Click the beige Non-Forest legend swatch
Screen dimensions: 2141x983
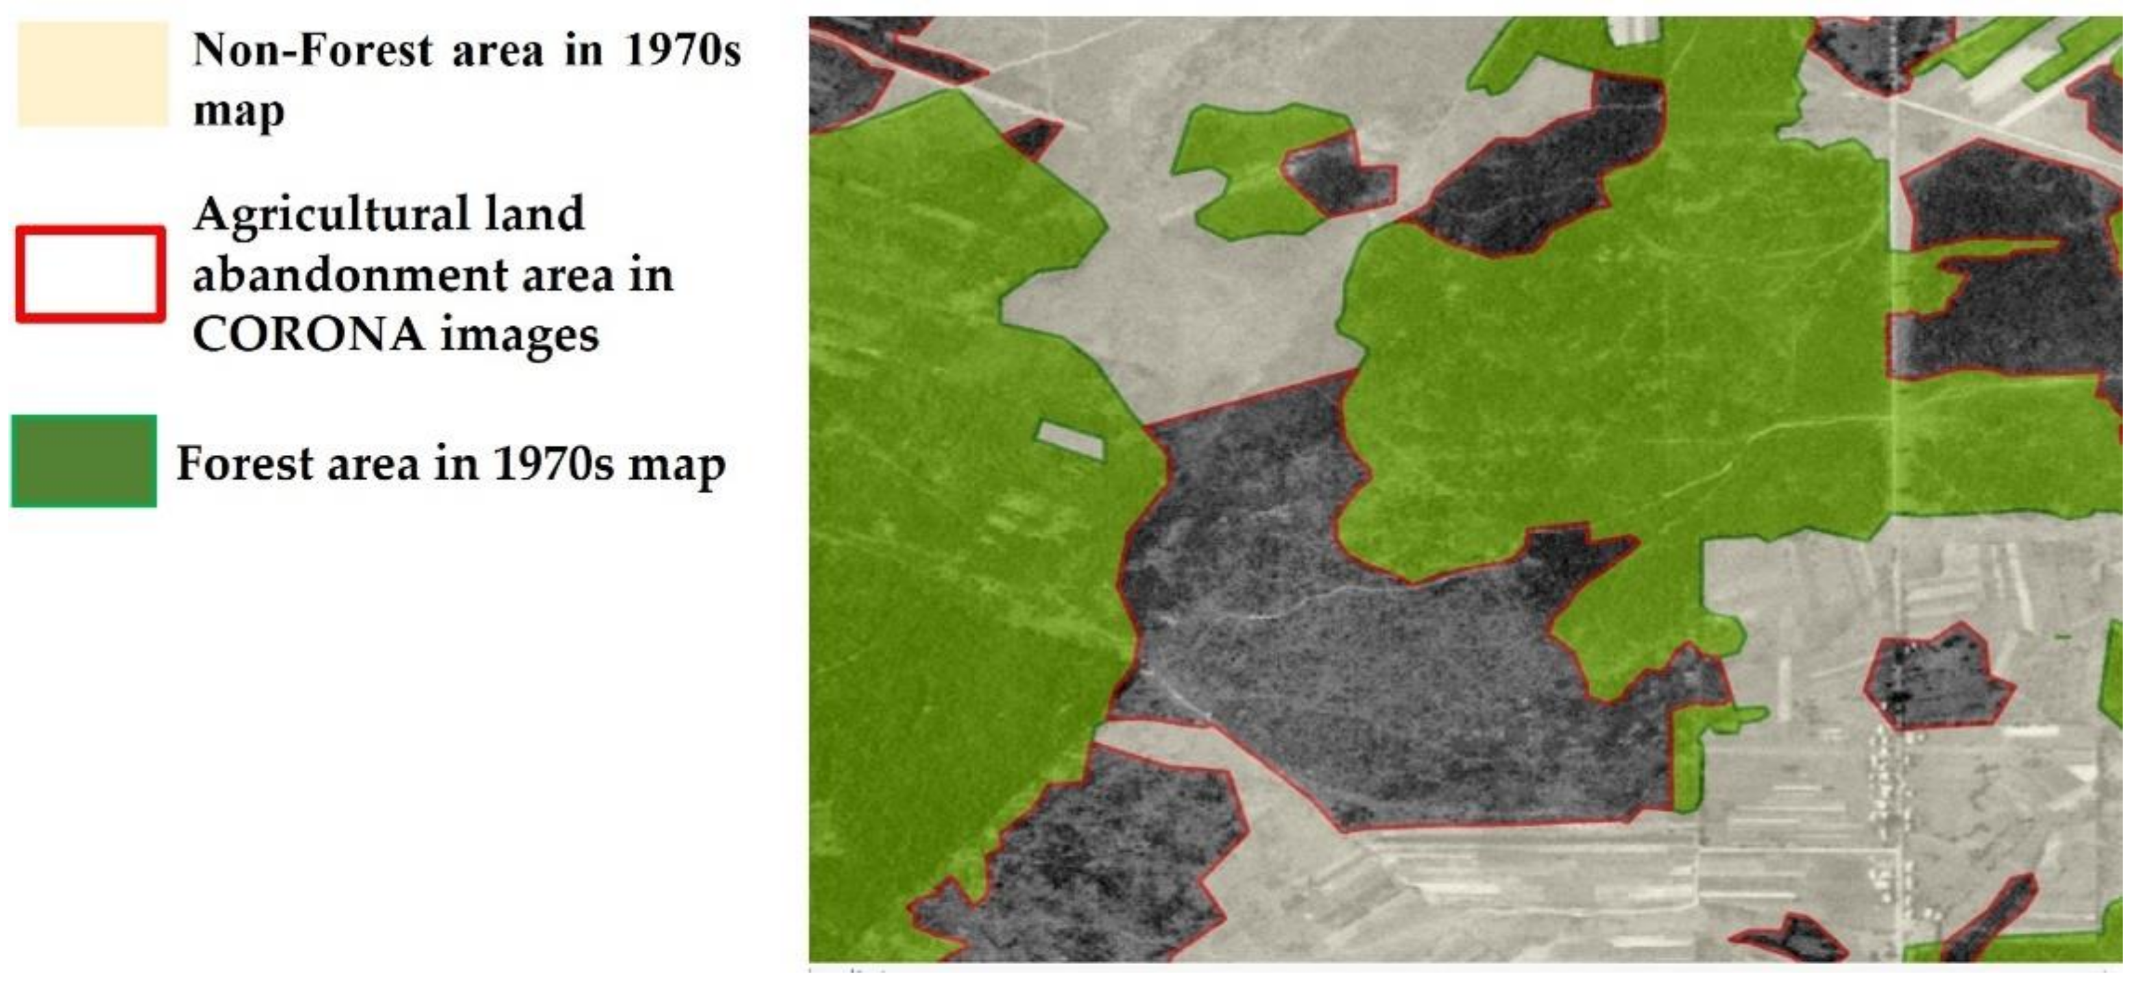tap(92, 75)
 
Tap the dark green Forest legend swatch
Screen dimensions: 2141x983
tap(84, 461)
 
